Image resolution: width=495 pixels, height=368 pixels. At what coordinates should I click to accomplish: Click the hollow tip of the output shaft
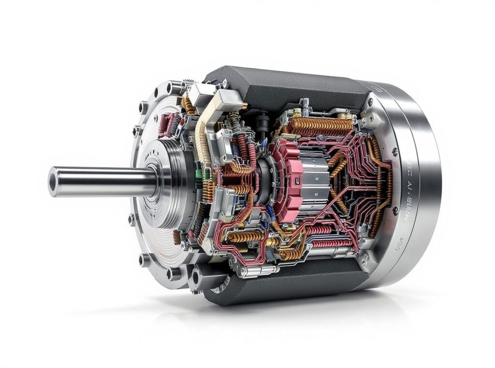pos(53,182)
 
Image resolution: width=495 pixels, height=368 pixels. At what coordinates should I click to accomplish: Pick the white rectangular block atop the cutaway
pos(201,95)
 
